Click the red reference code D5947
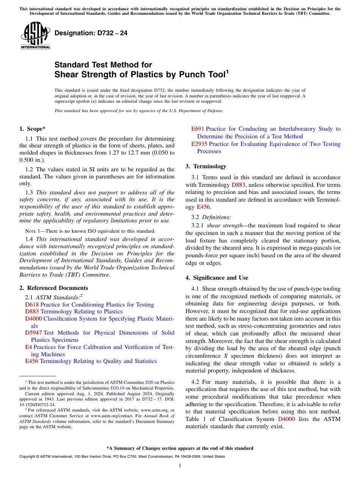tap(33, 333)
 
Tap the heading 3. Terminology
tap(206, 166)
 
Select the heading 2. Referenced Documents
tap(53, 288)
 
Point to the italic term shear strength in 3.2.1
tap(225, 225)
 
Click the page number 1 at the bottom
tap(180, 466)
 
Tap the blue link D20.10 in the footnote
tap(117, 388)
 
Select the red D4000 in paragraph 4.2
tap(286, 419)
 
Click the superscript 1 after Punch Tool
tap(227, 71)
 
